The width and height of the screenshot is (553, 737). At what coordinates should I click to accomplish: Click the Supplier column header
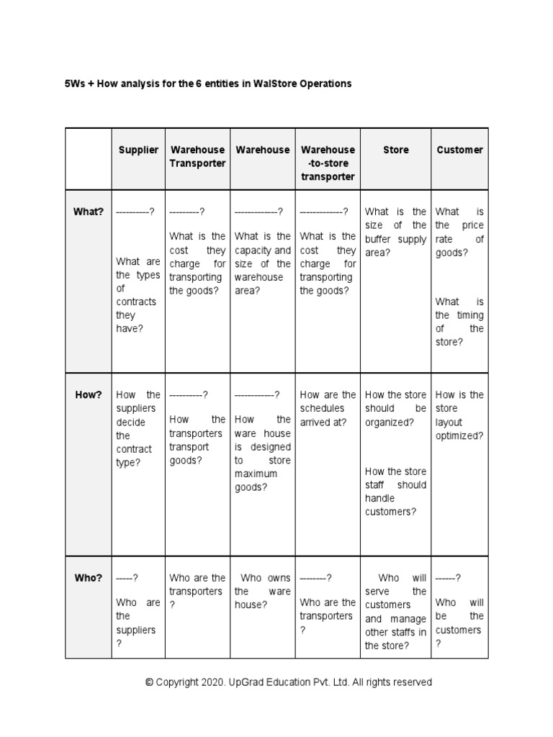(138, 150)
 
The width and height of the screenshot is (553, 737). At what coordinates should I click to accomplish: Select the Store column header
(395, 150)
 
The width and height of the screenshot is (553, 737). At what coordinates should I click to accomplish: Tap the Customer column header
(459, 150)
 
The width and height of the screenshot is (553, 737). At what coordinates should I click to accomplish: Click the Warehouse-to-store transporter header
(328, 163)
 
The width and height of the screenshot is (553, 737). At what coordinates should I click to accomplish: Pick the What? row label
(89, 212)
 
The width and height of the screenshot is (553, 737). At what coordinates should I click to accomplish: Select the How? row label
(89, 394)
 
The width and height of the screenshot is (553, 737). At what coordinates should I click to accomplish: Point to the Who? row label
(89, 578)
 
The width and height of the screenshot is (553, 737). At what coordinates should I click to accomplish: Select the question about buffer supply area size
(395, 232)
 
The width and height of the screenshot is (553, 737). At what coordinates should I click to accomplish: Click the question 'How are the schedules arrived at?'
(328, 408)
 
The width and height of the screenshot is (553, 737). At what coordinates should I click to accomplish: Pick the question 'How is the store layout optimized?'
(459, 415)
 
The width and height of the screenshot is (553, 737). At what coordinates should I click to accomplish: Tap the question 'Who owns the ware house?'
(263, 592)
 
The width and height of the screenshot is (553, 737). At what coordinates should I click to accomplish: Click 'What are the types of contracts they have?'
(138, 295)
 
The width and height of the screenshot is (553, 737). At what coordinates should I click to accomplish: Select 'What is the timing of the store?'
(459, 322)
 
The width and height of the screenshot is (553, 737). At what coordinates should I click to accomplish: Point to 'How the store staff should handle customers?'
(395, 492)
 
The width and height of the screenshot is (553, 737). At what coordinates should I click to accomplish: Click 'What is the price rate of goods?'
(459, 232)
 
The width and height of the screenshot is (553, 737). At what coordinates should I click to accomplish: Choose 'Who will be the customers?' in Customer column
(459, 623)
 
